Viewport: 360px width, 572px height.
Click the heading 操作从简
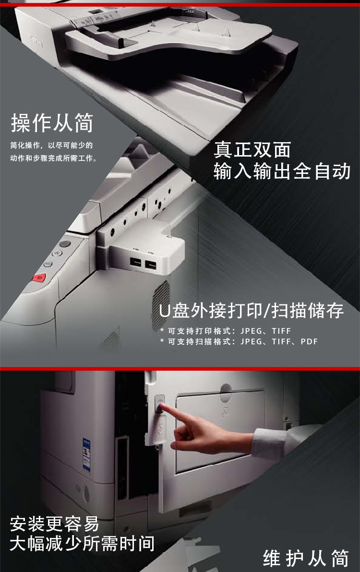tap(52, 122)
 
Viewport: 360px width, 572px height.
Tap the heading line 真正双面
tap(252, 149)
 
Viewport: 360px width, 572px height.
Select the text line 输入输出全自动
tap(282, 171)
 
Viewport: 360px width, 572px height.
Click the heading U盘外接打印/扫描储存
tap(252, 311)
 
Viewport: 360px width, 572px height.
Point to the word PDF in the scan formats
tap(309, 342)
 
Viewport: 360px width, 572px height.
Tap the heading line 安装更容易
tap(54, 524)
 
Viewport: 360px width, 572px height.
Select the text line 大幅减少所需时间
tap(82, 543)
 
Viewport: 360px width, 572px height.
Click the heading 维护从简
tap(306, 558)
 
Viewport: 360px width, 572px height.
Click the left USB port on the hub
tap(136, 262)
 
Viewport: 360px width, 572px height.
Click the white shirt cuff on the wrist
tap(269, 443)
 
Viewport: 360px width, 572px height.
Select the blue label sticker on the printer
tap(86, 454)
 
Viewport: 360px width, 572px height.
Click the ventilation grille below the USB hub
tap(161, 304)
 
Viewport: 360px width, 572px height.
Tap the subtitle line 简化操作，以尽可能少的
tap(51, 145)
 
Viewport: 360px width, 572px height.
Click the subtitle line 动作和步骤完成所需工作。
tap(54, 158)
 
